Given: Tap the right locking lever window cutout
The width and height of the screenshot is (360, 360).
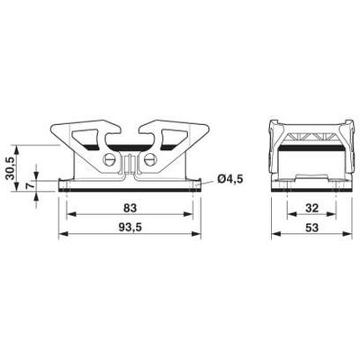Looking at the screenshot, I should coord(167,139).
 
